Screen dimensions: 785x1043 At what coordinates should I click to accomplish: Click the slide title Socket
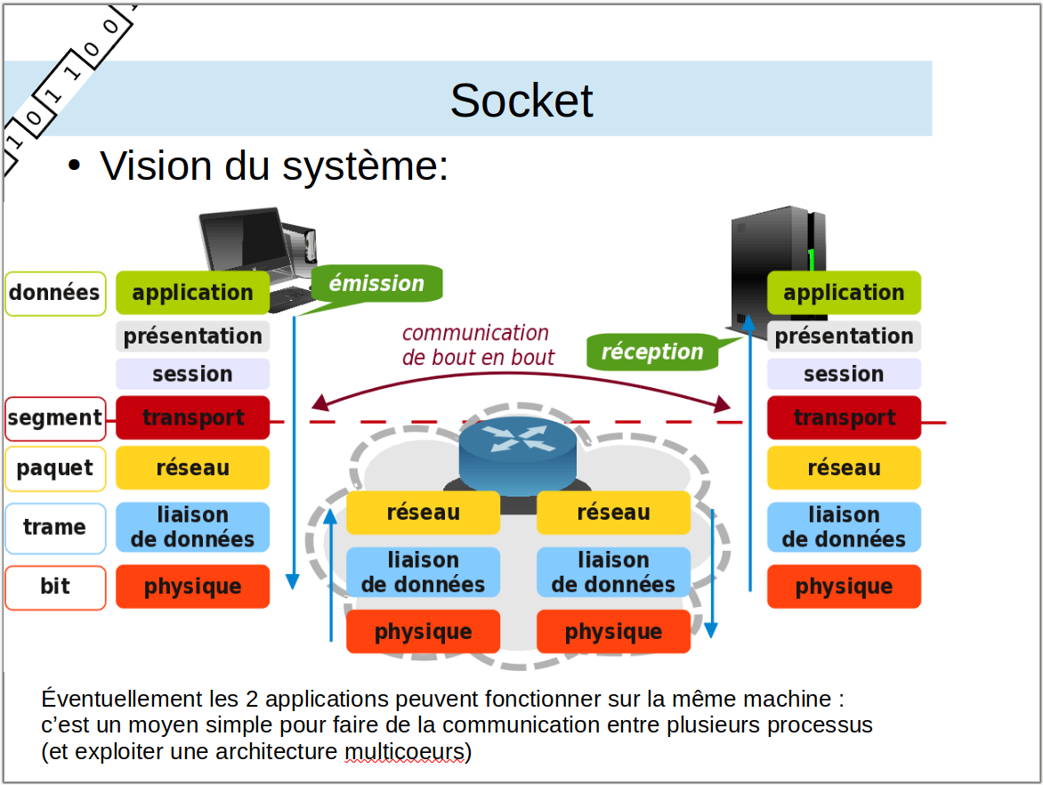[x=521, y=101]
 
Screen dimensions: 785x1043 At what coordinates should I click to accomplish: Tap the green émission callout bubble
[x=377, y=284]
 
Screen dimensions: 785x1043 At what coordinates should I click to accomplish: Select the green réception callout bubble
[x=652, y=352]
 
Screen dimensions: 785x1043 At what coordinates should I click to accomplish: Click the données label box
[x=55, y=293]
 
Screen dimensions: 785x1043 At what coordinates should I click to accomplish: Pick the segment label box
[x=55, y=417]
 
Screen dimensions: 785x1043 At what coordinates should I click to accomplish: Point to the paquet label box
[x=55, y=468]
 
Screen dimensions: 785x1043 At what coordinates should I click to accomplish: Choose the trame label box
[x=55, y=528]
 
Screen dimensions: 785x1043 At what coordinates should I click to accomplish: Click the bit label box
[x=55, y=587]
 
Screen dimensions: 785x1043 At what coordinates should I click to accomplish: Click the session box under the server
[x=844, y=374]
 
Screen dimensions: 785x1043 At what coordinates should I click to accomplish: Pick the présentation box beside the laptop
[x=192, y=336]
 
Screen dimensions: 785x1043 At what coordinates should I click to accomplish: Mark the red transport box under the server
[x=844, y=417]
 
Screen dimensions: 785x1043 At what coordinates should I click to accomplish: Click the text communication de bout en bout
[x=477, y=345]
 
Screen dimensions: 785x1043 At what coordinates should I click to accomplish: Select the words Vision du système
[x=273, y=166]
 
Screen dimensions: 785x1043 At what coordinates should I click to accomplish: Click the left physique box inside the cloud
[x=423, y=632]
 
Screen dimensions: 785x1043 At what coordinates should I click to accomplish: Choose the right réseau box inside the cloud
[x=613, y=513]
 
